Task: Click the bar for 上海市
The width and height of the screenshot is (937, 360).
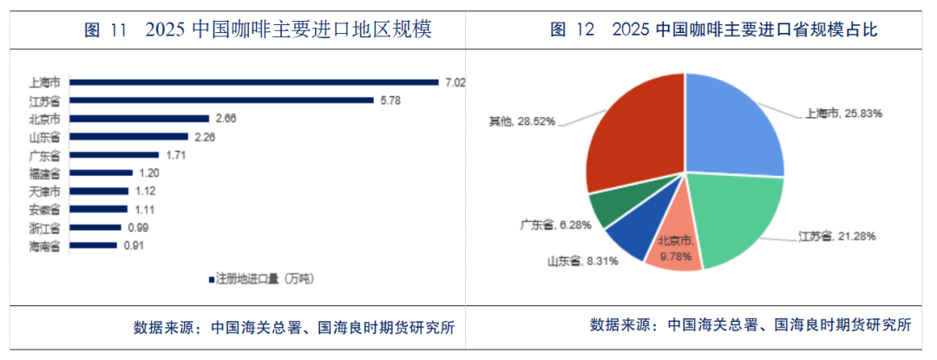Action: click(x=254, y=82)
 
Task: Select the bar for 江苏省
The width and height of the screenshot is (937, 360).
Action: click(x=222, y=101)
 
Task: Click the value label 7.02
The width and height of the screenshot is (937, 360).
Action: click(x=455, y=82)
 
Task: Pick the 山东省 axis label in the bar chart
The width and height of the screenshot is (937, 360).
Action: click(x=44, y=137)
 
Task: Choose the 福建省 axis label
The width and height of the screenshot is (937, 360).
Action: click(x=44, y=173)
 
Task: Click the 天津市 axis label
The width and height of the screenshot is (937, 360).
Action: click(x=44, y=191)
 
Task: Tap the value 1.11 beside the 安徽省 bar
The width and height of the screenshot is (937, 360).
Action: click(x=143, y=209)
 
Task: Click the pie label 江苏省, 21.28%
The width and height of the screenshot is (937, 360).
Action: click(x=836, y=236)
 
